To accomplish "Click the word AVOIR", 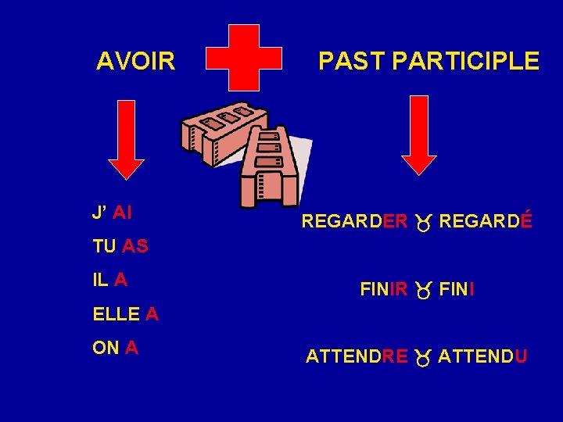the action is (136, 61).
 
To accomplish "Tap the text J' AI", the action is (112, 212).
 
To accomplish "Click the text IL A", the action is (110, 280).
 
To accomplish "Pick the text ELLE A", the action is (125, 314).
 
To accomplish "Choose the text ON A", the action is (115, 349).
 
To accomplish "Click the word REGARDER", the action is (354, 222).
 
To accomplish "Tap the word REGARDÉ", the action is (486, 222).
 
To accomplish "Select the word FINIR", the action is (384, 290).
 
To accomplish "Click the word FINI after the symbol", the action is (457, 290).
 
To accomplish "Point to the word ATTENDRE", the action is (357, 357).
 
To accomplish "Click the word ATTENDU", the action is (482, 357).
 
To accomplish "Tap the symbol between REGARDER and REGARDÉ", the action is (423, 224).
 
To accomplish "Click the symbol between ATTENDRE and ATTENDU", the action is (423, 359).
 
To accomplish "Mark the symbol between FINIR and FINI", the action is (423, 291).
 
